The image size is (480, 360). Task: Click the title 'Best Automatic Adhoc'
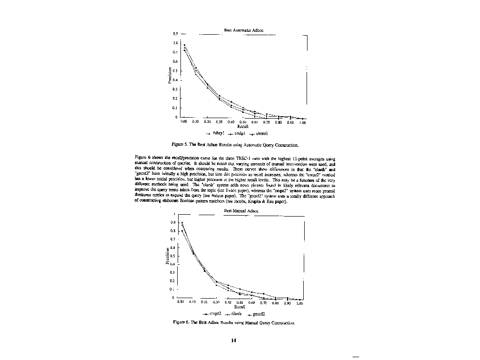tap(243, 30)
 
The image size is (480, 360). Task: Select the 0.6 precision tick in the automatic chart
tap(175, 61)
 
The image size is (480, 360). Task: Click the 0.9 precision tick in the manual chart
tap(173, 223)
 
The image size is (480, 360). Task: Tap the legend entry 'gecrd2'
tap(258, 314)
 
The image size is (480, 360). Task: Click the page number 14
tap(233, 340)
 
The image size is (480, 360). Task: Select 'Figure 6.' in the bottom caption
tap(181, 323)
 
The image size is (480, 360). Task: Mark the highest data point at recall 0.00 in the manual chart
tap(182, 223)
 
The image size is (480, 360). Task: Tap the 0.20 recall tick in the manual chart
tap(204, 303)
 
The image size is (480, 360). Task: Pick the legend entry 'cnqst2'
tap(214, 314)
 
